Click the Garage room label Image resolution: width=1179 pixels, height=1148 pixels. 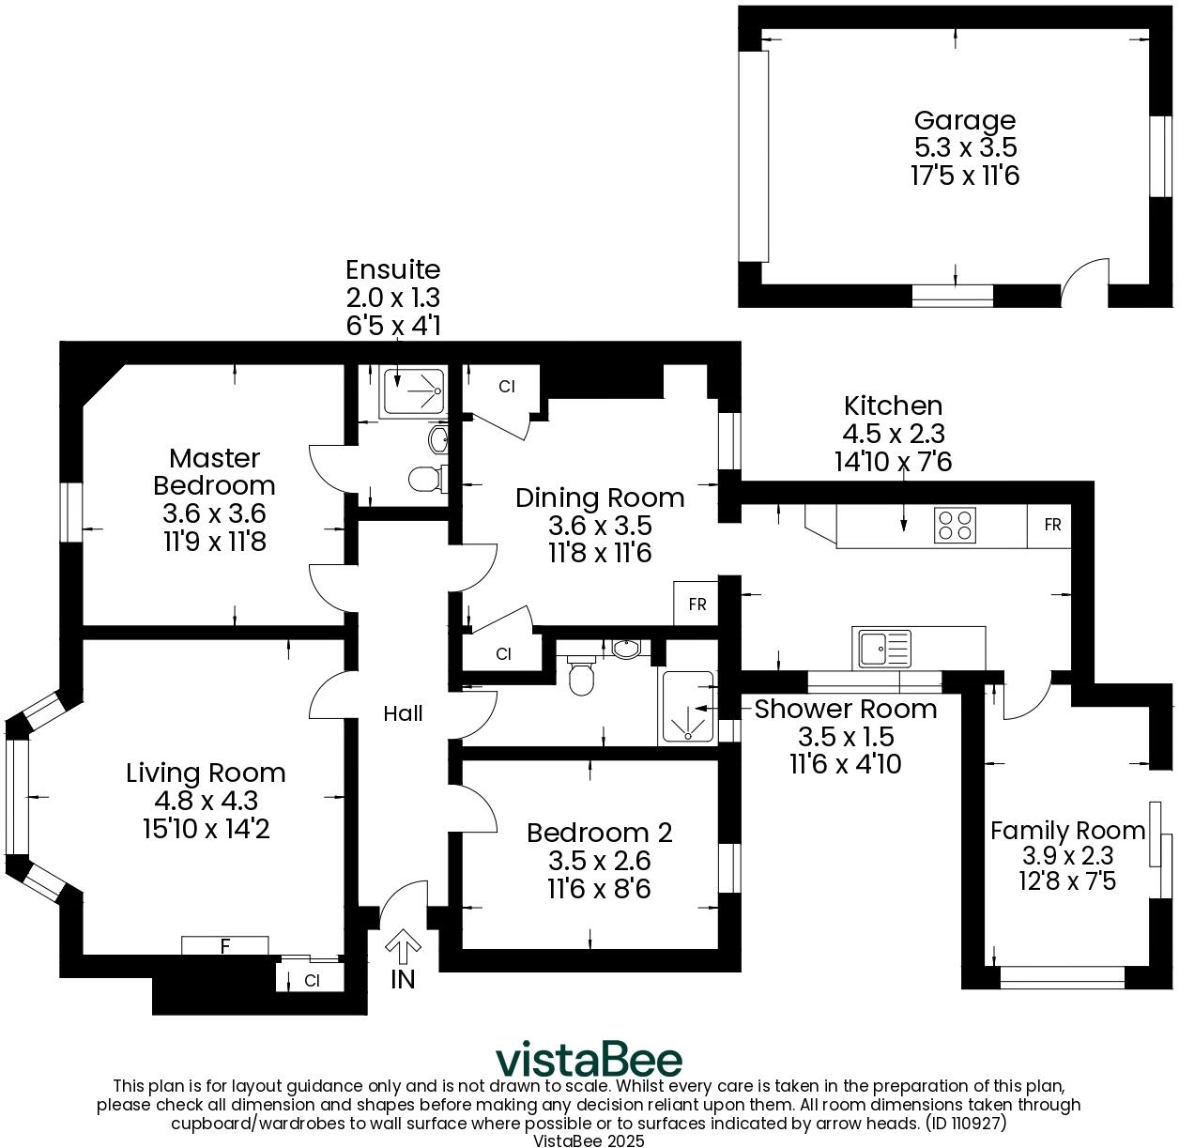tap(965, 120)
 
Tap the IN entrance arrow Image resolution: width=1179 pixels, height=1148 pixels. tap(403, 946)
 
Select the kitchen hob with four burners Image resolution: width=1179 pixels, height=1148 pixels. tap(956, 525)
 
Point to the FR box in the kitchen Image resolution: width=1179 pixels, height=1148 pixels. tap(1051, 525)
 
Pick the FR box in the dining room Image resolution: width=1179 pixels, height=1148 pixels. tap(697, 604)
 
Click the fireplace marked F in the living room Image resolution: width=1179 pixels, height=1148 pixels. tap(225, 946)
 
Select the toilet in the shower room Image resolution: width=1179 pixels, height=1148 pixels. tap(582, 677)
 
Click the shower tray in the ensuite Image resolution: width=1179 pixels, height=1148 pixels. tap(413, 392)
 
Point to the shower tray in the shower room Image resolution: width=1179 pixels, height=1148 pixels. tap(688, 706)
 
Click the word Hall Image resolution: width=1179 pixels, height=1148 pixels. tap(403, 713)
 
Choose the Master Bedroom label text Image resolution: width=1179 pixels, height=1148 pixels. tap(214, 472)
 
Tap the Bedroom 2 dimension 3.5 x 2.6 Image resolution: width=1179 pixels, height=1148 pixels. tap(599, 860)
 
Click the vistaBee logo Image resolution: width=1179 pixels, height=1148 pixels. tap(589, 1059)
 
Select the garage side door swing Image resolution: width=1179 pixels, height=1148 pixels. tap(1084, 283)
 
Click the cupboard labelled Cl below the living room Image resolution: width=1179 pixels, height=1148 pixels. tap(312, 981)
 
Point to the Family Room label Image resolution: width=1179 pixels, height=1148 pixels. tap(1067, 831)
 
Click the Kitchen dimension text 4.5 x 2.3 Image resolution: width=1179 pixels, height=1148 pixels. tap(893, 434)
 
